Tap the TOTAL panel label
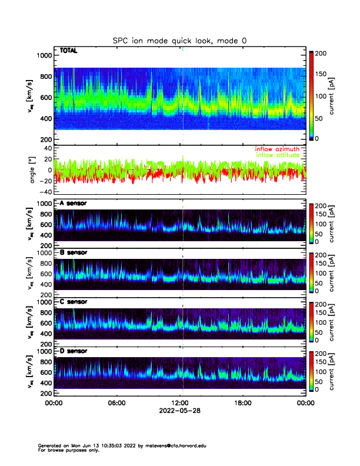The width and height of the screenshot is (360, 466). (x=69, y=51)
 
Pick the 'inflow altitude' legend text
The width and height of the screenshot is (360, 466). (x=279, y=155)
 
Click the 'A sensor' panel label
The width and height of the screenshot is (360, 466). (x=73, y=203)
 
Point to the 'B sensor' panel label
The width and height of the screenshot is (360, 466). (x=73, y=252)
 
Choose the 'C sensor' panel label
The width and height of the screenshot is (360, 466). (x=73, y=301)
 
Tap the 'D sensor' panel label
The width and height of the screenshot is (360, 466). (x=73, y=351)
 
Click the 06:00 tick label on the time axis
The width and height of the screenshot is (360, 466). (x=116, y=403)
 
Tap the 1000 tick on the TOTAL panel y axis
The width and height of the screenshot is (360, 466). (x=44, y=55)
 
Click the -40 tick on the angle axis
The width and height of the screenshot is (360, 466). (x=45, y=192)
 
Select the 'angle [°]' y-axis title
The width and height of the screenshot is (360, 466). (x=34, y=171)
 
